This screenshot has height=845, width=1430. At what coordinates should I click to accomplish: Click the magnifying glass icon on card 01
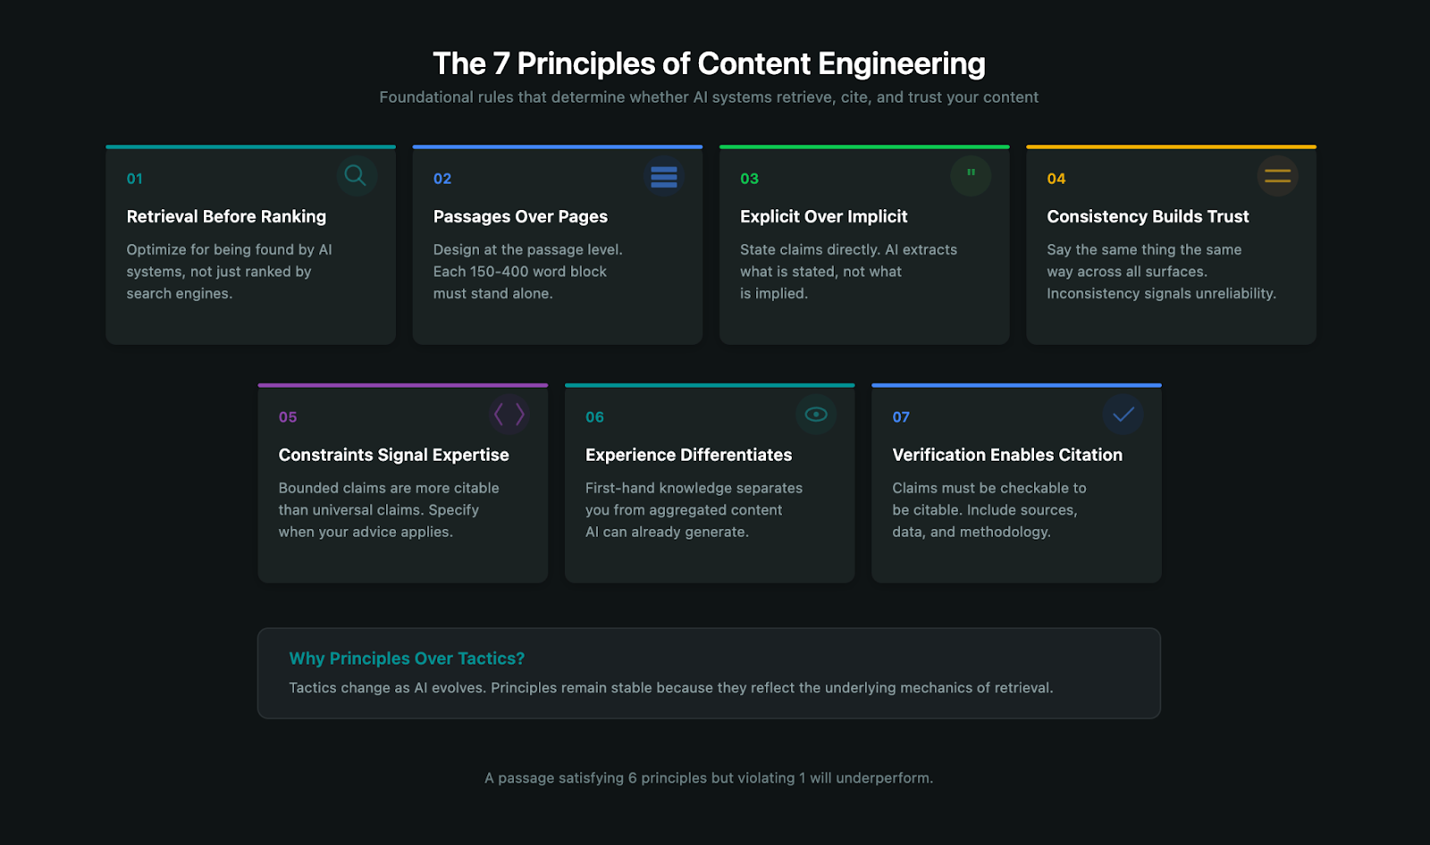click(356, 176)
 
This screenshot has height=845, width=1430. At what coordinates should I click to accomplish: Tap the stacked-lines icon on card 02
click(663, 176)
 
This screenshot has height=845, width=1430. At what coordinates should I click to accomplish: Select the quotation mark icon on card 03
click(971, 174)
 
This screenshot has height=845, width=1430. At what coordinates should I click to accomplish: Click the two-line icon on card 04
click(1277, 176)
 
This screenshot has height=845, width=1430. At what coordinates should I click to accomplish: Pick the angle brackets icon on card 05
click(509, 414)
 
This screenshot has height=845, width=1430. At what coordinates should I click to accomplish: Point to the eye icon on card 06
click(816, 414)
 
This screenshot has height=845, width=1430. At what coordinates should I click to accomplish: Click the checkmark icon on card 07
click(1123, 414)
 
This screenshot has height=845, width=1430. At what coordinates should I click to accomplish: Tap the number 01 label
click(135, 179)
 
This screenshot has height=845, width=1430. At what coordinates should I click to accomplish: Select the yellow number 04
click(1056, 179)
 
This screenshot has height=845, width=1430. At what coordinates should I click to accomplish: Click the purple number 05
click(288, 417)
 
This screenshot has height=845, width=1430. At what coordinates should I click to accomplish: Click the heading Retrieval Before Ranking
click(226, 216)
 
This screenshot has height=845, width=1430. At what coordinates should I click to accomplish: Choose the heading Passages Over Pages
click(520, 216)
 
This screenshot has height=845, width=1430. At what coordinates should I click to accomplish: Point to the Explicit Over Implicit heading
click(823, 216)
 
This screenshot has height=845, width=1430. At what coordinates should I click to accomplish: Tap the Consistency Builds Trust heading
click(1148, 216)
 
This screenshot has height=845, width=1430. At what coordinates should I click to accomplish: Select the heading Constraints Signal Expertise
click(393, 455)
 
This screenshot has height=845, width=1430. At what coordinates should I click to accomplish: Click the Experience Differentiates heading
click(688, 455)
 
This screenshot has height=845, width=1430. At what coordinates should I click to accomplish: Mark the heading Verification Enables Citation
click(1007, 455)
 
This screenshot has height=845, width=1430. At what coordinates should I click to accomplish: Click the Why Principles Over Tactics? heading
click(407, 658)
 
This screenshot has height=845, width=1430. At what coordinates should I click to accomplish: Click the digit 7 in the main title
click(500, 64)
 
